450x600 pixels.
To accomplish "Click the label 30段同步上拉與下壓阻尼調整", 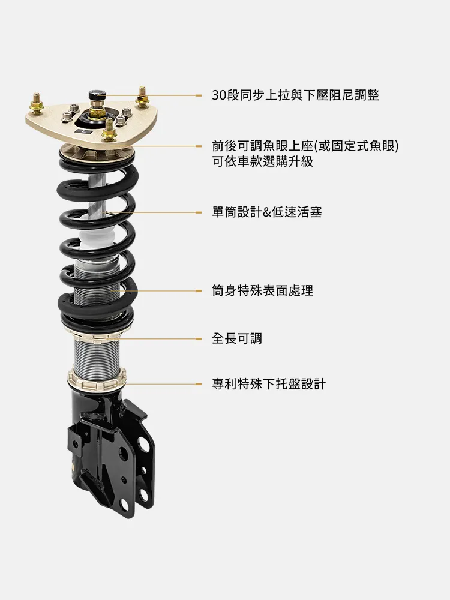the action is pos(295,95).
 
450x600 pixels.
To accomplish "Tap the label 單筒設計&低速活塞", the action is pos(267,212).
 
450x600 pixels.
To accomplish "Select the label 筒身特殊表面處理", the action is pos(263,290).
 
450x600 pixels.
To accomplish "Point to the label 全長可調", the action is pos(237,338).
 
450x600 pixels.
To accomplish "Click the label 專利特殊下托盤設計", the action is pos(269,384).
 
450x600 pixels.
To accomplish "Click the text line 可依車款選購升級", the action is pos(263,161).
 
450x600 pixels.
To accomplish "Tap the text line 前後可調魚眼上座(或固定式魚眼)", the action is pos(305,146).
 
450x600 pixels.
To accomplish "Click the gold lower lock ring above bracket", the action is pos(97,379).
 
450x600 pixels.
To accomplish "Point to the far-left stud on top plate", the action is pos(37,103).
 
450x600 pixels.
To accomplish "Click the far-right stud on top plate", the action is pos(142,95).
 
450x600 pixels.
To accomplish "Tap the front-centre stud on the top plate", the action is pos(109,128).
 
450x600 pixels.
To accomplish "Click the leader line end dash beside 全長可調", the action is pos(198,338).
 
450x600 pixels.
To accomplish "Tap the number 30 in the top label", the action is pos(219,95).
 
